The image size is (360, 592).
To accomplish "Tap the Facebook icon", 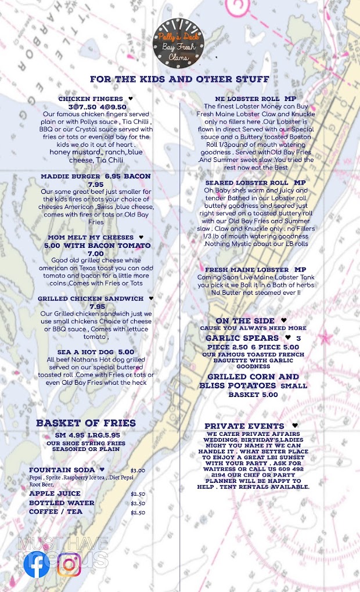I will [37, 565].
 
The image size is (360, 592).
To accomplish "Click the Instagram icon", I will [69, 565].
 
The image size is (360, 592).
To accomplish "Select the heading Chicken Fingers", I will [91, 99].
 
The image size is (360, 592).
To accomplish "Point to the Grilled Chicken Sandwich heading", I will [91, 298].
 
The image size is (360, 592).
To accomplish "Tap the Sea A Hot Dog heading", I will [95, 352].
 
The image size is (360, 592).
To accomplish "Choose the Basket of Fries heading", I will [85, 423].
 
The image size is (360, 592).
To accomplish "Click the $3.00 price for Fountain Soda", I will [138, 470].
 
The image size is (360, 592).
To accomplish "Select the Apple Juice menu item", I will [55, 493].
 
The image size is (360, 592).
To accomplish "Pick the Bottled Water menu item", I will [62, 503].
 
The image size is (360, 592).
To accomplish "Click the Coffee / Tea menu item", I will [56, 512].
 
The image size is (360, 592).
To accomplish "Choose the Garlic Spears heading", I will [242, 338].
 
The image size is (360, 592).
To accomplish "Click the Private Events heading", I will [244, 426].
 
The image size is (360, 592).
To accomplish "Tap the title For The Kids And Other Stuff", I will [179, 79].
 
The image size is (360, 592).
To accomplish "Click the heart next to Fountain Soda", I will [102, 470].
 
